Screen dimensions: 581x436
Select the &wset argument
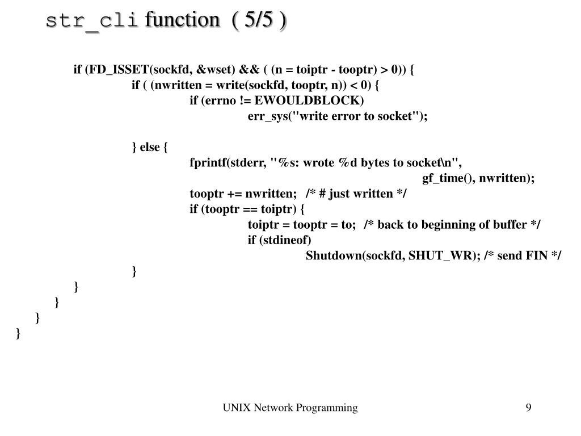[216, 70]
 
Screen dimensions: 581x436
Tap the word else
[150, 147]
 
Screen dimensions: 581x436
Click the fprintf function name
[208, 162]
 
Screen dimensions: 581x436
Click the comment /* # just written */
[356, 194]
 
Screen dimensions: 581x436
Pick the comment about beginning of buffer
[452, 224]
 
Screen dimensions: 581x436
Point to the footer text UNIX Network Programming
[290, 408]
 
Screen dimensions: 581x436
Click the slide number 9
[528, 408]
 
